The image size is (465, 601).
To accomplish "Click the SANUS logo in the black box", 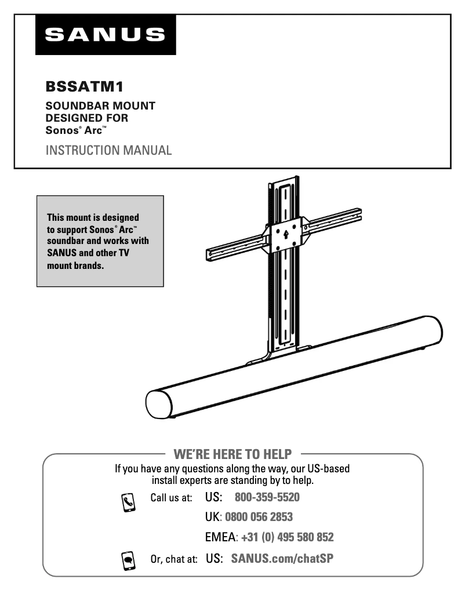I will point(105,35).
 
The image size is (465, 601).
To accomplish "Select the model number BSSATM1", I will point(85,87).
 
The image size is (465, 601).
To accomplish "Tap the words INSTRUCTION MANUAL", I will point(108,151).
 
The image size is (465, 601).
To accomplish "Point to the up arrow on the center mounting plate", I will point(285,234).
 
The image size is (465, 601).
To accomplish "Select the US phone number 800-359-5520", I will point(267,497).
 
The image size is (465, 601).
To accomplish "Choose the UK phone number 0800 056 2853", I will point(258,517).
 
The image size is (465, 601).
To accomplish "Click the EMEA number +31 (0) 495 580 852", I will point(287,537).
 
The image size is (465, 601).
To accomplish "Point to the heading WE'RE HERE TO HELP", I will point(232,453).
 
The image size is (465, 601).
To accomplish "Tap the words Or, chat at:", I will point(174,559).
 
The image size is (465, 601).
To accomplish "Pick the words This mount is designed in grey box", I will point(93,218).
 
